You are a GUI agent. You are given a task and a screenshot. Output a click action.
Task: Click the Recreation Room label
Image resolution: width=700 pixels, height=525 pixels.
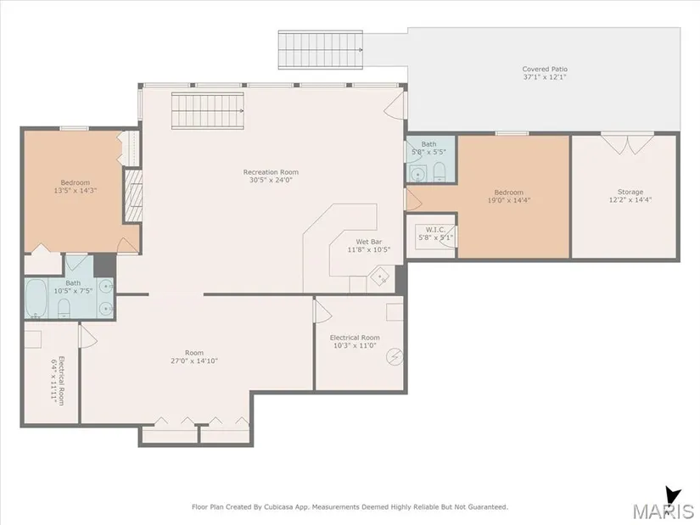coord(271,172)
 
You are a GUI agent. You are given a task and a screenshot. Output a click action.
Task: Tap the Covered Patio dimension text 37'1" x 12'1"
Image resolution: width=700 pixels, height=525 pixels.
coord(545,77)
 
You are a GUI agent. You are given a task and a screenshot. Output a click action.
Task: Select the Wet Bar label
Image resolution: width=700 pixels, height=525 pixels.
coord(369,242)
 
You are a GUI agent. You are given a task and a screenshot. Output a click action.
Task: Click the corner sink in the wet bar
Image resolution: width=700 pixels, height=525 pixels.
coord(381,277)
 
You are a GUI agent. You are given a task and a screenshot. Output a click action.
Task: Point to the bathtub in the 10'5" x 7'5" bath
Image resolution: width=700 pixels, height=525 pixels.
coord(36,298)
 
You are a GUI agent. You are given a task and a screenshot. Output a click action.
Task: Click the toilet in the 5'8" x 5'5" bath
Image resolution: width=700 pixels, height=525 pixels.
coord(440,172)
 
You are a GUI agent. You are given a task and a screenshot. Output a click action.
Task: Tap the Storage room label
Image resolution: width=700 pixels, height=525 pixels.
coord(630,192)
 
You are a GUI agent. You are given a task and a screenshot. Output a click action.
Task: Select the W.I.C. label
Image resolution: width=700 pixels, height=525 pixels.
coord(435,230)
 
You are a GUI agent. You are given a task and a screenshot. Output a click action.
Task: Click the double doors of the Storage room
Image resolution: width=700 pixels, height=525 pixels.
coord(627,143)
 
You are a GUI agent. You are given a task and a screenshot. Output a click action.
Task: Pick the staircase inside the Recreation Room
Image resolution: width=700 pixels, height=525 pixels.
coord(208,111)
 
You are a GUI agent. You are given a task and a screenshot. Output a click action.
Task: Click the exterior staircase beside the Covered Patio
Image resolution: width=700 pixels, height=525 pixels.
coord(321,49)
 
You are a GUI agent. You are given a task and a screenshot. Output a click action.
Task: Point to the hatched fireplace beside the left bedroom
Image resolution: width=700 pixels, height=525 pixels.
coord(133,196)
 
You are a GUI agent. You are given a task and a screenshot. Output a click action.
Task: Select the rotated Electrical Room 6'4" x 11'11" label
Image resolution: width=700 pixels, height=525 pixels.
coord(58,380)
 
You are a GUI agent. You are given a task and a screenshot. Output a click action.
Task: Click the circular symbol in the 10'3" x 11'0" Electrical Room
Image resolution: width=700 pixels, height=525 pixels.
coord(395,356)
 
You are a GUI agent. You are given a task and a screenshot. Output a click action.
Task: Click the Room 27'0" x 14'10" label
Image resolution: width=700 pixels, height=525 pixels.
coord(194,357)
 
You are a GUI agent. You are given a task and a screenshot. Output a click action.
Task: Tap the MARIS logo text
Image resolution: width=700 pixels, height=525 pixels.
coord(663,511)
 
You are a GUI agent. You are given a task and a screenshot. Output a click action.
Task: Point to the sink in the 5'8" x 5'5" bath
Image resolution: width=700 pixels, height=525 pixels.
coord(417,173)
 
